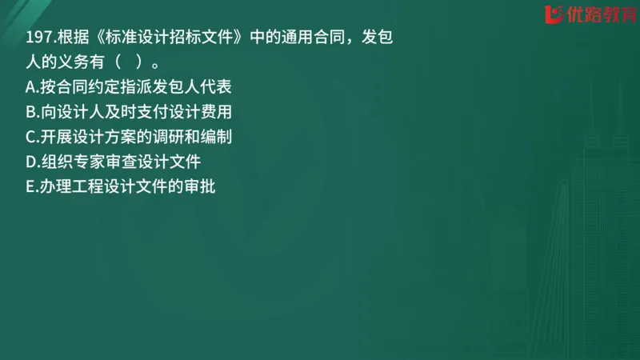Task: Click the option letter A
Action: pos(30,87)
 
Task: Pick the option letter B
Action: pos(30,112)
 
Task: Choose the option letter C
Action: pos(30,137)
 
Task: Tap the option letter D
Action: pos(30,162)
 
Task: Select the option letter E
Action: pos(30,187)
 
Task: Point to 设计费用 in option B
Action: pos(200,112)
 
